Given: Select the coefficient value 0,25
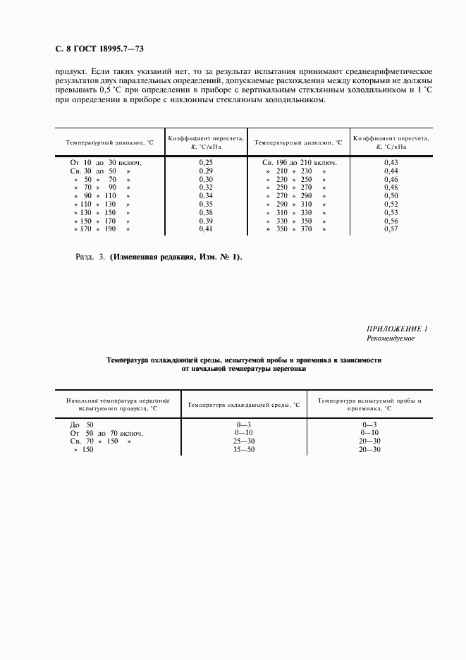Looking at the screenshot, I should point(206,163).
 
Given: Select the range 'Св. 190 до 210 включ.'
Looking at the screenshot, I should point(300,163).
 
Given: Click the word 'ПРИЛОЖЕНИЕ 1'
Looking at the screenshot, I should point(398,329).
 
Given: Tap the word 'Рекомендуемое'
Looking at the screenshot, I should point(391,339).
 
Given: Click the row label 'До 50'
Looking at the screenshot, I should point(81,424).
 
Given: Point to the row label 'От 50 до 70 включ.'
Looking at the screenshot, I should point(106,433).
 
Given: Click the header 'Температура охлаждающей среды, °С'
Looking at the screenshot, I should point(243,405).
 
